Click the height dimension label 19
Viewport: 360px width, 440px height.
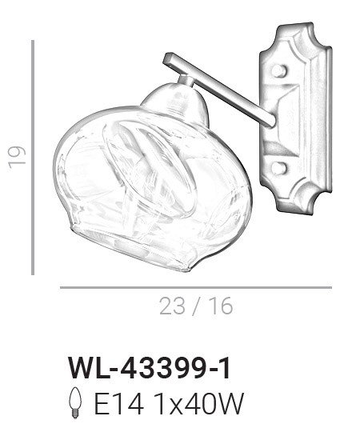point(17,157)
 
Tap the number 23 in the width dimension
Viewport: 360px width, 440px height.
point(173,306)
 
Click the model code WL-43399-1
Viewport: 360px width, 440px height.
point(150,369)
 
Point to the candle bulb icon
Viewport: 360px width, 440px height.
point(75,402)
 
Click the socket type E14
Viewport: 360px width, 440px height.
point(119,403)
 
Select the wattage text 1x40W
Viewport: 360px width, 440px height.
point(199,403)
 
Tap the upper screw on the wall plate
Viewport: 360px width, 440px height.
point(278,70)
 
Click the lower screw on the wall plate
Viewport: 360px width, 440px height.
point(278,167)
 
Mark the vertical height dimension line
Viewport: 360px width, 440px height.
point(33,158)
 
